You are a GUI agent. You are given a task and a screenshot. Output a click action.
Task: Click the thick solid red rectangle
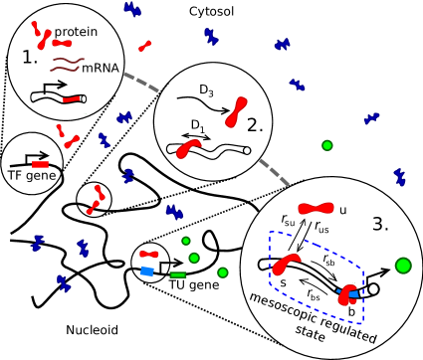(40, 164)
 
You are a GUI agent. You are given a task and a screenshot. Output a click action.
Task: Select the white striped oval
(294, 243)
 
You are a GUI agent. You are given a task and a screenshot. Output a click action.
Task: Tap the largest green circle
(403, 266)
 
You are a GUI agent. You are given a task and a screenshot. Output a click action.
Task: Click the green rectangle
(178, 274)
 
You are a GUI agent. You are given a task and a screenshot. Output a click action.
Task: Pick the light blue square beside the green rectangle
(147, 271)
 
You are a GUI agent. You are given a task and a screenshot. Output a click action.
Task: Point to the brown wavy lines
(66, 65)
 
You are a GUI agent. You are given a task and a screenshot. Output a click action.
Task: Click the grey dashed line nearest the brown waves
(141, 82)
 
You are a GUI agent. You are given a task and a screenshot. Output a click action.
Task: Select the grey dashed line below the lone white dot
(274, 172)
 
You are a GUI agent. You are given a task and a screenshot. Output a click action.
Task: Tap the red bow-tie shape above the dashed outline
(316, 208)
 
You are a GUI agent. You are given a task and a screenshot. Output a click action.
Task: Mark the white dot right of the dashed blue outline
(373, 289)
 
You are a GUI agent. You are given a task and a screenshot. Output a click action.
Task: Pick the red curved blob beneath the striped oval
(286, 265)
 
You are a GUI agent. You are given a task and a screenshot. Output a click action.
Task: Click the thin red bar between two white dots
(72, 98)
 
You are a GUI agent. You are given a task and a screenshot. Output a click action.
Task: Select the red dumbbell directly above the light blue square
(148, 254)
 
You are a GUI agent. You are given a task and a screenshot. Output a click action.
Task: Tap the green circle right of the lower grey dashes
(326, 145)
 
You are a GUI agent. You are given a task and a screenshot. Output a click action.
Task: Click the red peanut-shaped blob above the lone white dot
(236, 111)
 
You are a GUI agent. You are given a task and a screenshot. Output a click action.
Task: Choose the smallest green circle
(186, 241)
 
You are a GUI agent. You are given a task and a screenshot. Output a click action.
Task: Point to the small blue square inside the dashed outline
(353, 294)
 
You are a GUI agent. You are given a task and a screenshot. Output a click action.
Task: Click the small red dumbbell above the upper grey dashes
(145, 46)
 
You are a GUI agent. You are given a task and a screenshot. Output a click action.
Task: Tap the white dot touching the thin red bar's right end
(84, 98)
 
